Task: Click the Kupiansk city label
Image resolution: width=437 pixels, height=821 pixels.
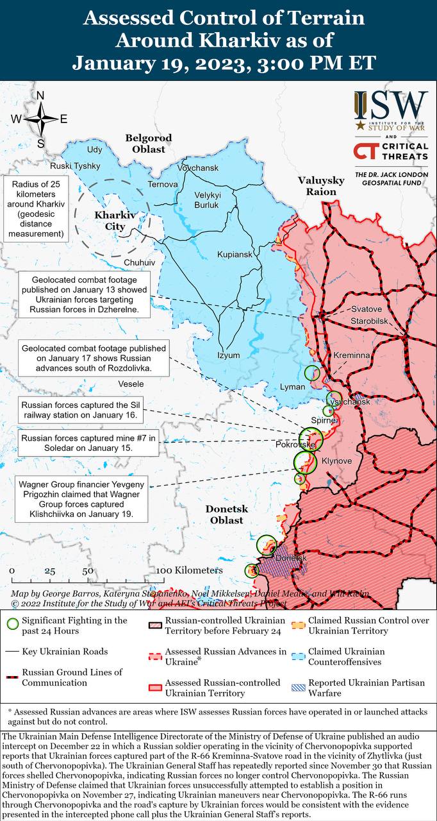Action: (x=234, y=255)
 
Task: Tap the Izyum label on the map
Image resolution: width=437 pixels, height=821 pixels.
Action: (x=228, y=355)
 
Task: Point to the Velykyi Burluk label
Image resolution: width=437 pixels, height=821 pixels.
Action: (x=207, y=200)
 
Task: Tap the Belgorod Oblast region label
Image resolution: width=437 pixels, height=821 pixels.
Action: (x=148, y=144)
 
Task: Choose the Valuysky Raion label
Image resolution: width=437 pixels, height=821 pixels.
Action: (x=321, y=186)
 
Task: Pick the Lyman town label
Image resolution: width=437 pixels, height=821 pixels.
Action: (x=292, y=387)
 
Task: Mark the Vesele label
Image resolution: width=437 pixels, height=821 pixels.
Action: (x=131, y=384)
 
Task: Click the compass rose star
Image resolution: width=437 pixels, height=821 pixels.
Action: (x=40, y=119)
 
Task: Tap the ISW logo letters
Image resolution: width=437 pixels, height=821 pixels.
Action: (x=391, y=104)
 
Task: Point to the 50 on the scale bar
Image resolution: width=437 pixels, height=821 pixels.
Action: (x=88, y=571)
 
